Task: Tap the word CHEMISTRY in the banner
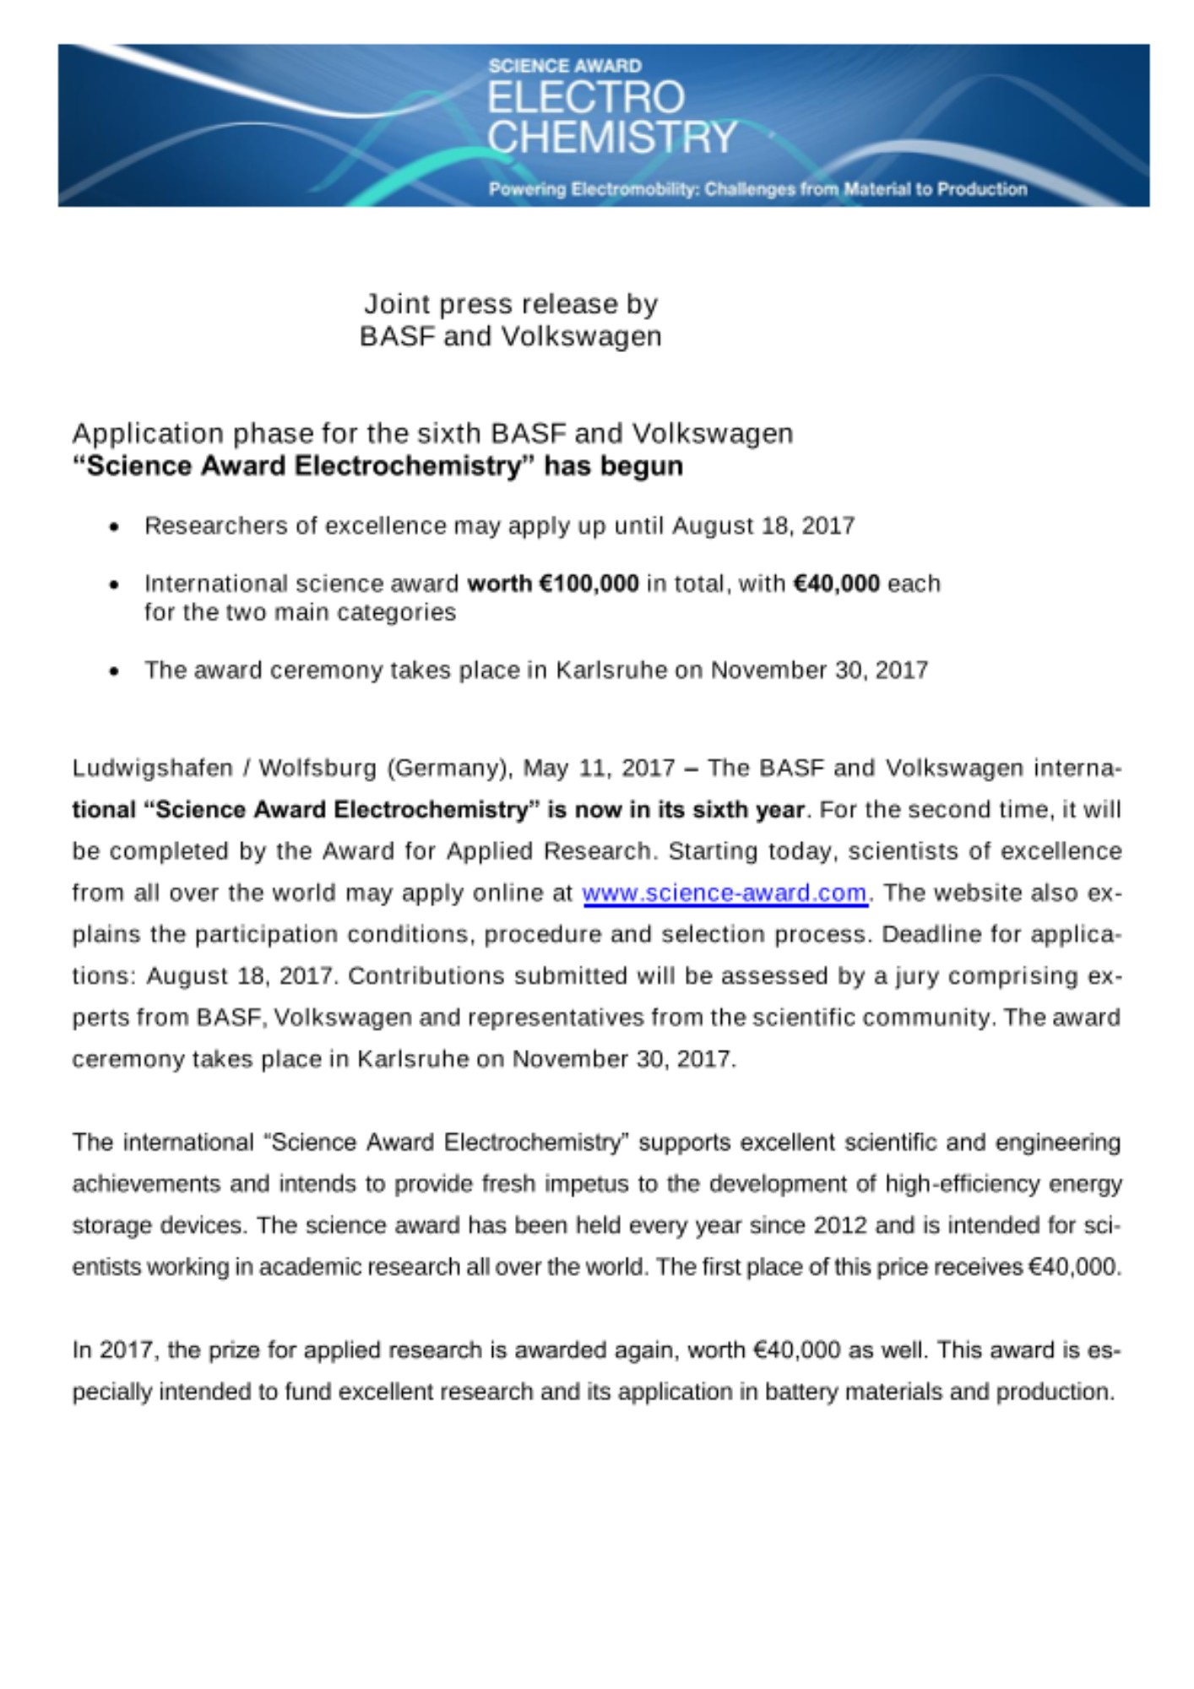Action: [612, 137]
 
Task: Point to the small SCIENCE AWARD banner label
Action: [565, 65]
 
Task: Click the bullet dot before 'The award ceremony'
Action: [114, 671]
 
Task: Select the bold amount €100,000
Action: [589, 583]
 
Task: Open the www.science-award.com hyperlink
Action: [725, 893]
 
